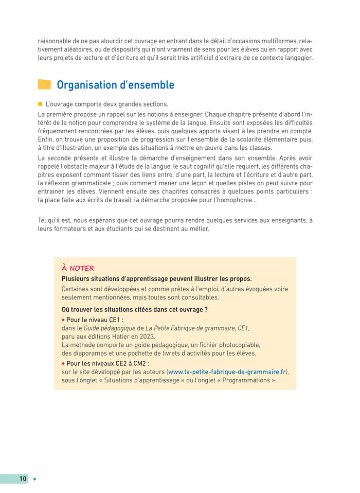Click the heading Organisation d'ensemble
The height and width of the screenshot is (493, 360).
[115, 85]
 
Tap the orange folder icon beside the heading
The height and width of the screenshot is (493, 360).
[45, 85]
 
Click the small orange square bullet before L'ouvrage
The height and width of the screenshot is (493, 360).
[40, 103]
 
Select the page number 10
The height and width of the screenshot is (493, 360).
[23, 479]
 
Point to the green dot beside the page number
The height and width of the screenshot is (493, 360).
[34, 479]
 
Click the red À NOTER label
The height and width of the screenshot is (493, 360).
[78, 268]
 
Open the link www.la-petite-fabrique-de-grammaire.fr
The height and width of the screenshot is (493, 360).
[227, 372]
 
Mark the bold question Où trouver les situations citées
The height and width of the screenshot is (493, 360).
[134, 309]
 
